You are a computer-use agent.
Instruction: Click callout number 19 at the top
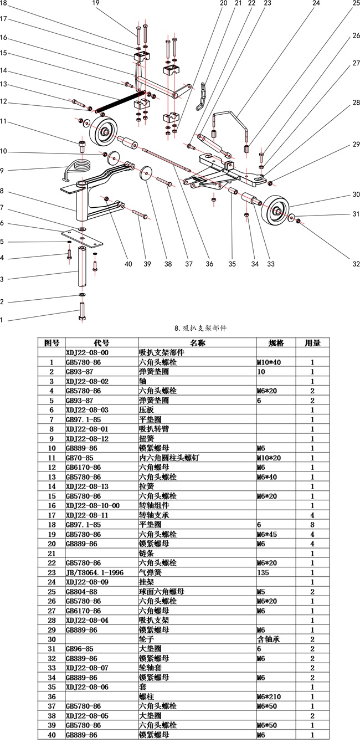[x=96, y=3]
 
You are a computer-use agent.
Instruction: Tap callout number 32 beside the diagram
[x=356, y=264]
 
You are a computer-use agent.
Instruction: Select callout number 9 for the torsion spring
[x=2, y=171]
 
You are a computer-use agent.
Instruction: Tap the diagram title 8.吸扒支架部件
[x=200, y=328]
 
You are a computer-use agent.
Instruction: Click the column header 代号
[x=101, y=342]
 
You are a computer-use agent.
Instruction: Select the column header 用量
[x=312, y=342]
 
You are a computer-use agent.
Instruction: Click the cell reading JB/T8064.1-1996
[x=94, y=573]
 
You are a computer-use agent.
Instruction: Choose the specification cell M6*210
[x=269, y=697]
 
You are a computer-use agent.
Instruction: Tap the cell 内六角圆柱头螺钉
[x=169, y=458]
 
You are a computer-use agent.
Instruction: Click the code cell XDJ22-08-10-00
[x=92, y=505]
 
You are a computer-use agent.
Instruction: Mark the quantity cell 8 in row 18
[x=312, y=525]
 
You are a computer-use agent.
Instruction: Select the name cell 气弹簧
[x=150, y=573]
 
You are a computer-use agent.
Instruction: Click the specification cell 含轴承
[x=269, y=639]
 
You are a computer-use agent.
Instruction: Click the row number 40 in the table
[x=52, y=735]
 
